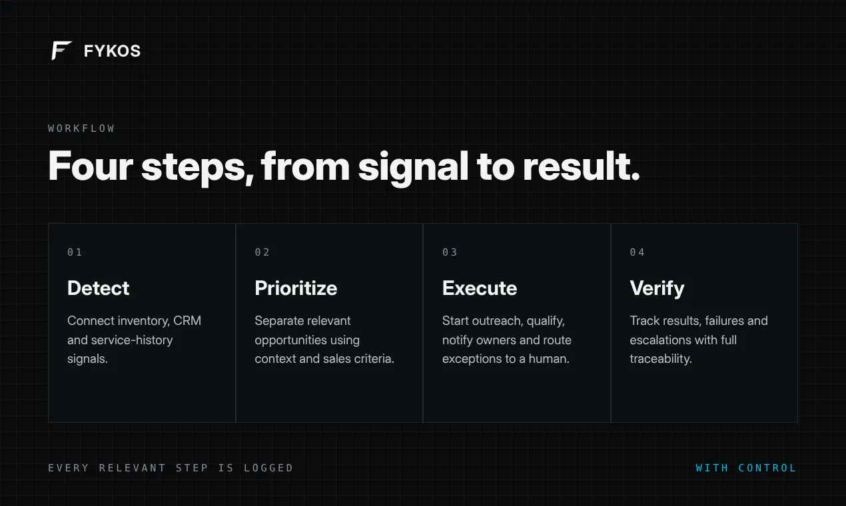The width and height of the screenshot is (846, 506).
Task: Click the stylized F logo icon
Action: (x=61, y=50)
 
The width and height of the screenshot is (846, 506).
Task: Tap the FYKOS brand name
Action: (x=112, y=51)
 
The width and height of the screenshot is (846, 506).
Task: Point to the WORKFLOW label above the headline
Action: (x=81, y=128)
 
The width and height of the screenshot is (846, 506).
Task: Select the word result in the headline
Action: (x=582, y=166)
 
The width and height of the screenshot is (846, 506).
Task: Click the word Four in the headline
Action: (x=91, y=166)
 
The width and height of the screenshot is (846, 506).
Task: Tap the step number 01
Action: (x=75, y=252)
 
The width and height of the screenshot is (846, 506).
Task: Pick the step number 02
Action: (x=262, y=252)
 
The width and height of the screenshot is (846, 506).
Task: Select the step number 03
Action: (x=450, y=252)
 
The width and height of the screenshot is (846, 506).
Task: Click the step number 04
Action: (x=637, y=252)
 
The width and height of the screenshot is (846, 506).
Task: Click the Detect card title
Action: (x=98, y=288)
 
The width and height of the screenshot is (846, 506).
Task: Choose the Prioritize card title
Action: (x=296, y=288)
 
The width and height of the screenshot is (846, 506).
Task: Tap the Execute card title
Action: (x=480, y=288)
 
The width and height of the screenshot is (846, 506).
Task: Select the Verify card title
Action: (x=657, y=289)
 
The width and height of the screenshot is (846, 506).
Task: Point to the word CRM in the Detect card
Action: (x=187, y=321)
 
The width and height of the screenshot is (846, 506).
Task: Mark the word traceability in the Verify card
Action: (x=661, y=359)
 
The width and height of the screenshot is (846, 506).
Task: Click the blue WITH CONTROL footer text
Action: (x=746, y=468)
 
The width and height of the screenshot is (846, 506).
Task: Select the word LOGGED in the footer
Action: (x=268, y=468)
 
